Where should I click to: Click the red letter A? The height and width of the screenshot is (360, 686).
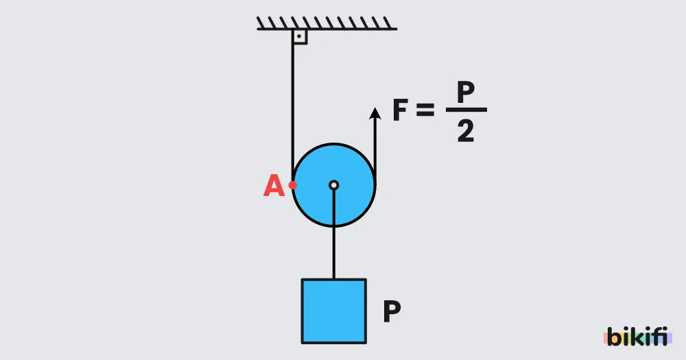(274, 185)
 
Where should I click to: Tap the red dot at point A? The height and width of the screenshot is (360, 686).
(293, 185)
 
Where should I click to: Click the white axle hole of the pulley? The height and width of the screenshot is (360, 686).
(334, 185)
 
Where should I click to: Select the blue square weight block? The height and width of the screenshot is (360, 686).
(334, 311)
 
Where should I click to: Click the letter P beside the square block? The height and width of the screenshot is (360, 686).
(392, 311)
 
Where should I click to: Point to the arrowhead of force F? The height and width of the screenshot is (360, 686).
(375, 113)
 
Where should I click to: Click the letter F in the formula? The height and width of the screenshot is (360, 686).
(401, 110)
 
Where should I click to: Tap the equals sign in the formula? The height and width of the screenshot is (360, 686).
(425, 110)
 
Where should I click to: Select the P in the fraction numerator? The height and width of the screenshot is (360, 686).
(466, 91)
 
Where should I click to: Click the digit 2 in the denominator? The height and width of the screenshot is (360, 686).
(466, 131)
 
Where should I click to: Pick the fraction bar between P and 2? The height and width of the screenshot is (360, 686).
(466, 110)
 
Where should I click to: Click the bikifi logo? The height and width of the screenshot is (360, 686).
(638, 337)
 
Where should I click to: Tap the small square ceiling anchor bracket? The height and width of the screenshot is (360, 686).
(300, 37)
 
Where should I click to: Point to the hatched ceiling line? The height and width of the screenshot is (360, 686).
(327, 23)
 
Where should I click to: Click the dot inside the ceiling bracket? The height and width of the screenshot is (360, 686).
(300, 36)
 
